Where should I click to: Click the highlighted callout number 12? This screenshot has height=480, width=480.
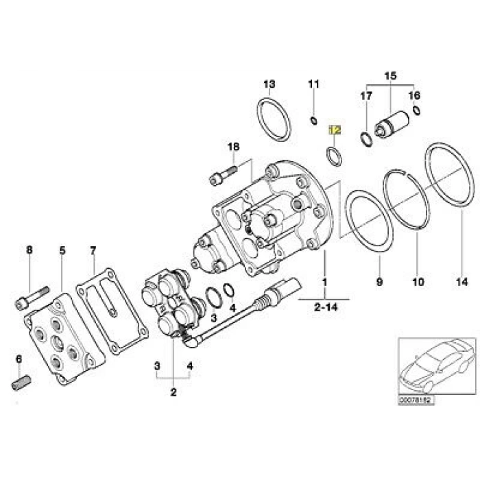click(334, 129)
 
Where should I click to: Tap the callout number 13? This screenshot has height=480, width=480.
click(269, 84)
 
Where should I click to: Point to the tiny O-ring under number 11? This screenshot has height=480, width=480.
click(313, 121)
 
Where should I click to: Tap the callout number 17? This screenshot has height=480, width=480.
click(365, 96)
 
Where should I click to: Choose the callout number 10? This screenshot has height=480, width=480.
click(418, 281)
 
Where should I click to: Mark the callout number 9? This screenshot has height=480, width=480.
click(379, 281)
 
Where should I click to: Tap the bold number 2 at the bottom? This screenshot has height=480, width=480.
click(173, 392)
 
